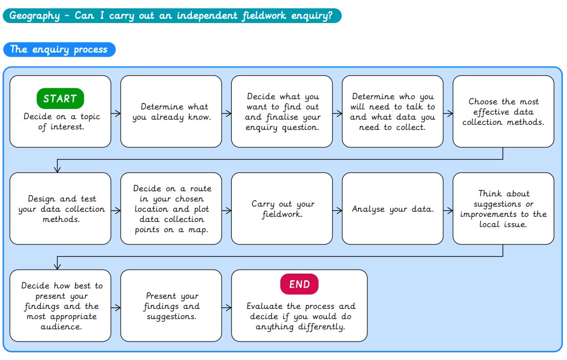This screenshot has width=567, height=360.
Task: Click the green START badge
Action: pos(60,98)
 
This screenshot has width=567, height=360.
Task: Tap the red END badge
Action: pos(299,284)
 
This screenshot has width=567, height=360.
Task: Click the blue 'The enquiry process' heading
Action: pos(59,50)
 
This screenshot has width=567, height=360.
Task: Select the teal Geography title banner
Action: pos(172,15)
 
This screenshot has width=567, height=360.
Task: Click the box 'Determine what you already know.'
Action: pos(171,111)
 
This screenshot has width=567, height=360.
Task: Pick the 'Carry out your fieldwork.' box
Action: pos(281,209)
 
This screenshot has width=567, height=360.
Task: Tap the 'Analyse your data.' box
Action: pos(392,209)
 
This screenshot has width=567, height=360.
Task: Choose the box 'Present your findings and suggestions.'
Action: pos(171,306)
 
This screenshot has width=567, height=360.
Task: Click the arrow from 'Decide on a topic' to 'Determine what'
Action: pos(116,114)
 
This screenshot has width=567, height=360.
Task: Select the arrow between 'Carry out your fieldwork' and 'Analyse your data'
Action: pos(337,210)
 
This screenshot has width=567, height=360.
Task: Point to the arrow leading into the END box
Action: pos(226,308)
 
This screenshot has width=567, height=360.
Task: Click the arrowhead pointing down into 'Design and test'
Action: pos(57,168)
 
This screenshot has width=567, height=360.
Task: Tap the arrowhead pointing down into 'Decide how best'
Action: pos(57,266)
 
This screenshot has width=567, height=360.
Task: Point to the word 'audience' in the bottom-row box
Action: pos(61,327)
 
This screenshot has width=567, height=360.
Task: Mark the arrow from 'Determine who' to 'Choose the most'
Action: pos(448,114)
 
